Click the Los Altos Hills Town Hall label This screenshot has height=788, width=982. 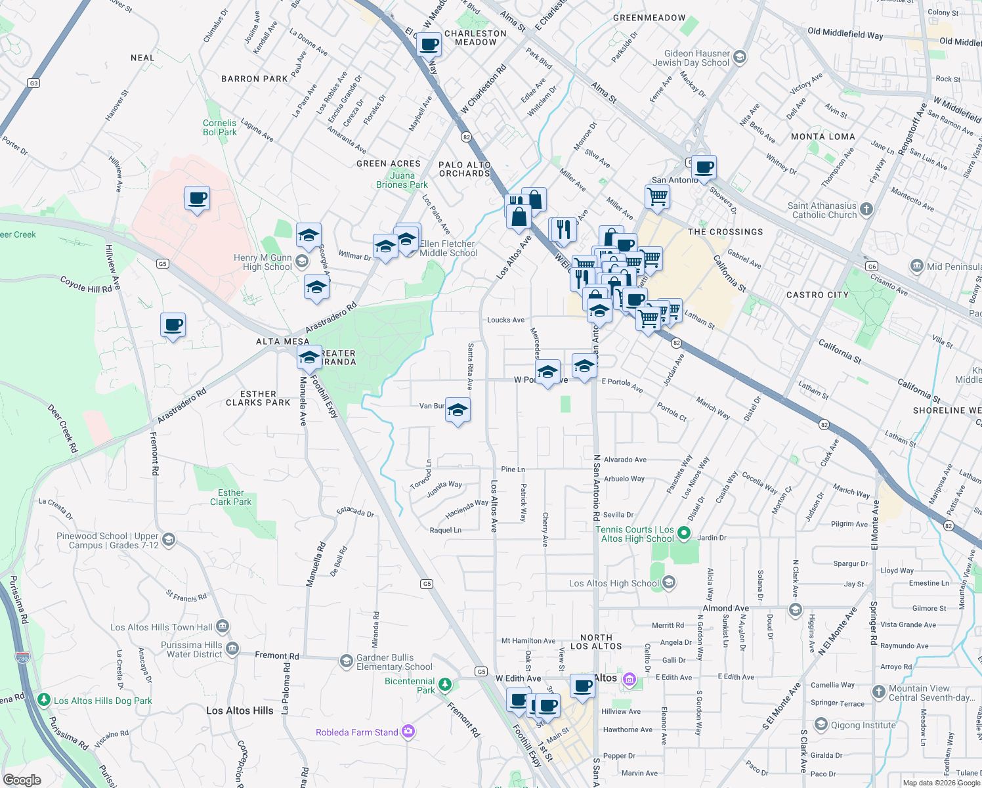click(x=161, y=627)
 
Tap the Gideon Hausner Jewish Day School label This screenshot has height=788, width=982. click(x=691, y=58)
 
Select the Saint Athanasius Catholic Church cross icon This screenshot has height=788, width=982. click(x=866, y=209)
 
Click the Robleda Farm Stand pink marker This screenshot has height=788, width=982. click(x=408, y=732)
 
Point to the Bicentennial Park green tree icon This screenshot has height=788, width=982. click(x=445, y=685)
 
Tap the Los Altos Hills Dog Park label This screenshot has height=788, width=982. click(x=103, y=701)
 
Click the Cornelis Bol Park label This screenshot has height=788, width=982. click(x=219, y=127)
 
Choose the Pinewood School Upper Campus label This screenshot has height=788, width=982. click(x=108, y=540)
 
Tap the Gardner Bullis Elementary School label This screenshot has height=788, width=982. click(x=394, y=662)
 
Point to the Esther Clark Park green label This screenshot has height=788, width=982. click(x=230, y=497)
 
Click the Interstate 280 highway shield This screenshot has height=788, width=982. click(x=22, y=657)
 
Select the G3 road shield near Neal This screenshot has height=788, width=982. click(x=33, y=83)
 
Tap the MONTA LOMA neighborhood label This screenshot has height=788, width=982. click(x=822, y=137)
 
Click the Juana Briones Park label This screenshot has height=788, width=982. click(x=402, y=180)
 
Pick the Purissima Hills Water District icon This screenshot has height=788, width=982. click(x=232, y=649)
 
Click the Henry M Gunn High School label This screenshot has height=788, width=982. click(x=263, y=262)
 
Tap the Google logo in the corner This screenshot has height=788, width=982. click(x=22, y=780)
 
